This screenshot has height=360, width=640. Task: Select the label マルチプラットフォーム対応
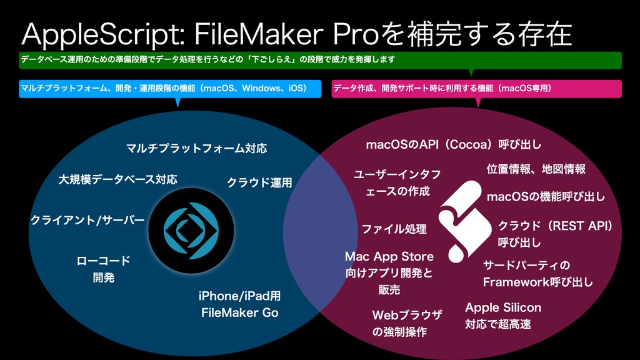tap(196, 149)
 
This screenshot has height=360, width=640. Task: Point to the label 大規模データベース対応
tap(117, 179)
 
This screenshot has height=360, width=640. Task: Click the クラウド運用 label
tap(259, 183)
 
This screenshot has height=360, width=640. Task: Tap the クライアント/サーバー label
tap(87, 221)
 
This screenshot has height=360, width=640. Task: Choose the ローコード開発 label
tap(104, 269)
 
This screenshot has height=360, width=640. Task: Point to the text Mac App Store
tap(389, 257)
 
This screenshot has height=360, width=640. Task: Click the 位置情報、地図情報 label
tap(536, 169)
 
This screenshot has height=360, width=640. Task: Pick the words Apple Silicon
tap(503, 307)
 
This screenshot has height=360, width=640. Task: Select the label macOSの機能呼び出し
tap(546, 197)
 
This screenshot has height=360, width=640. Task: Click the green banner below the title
tap(320, 60)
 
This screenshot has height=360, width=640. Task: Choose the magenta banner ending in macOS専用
tap(476, 89)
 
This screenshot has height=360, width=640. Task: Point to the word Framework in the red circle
tap(516, 282)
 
